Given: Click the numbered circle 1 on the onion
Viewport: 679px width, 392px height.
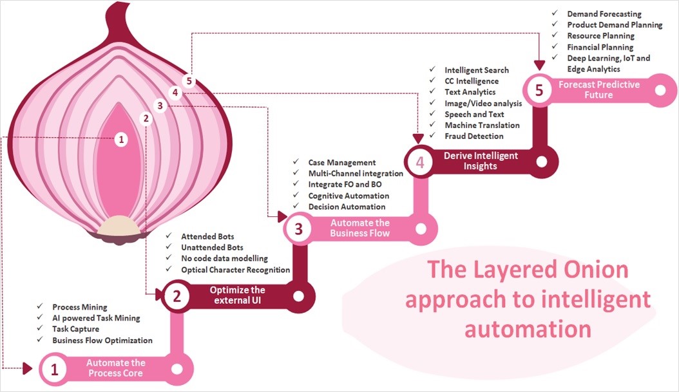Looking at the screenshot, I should (121, 139).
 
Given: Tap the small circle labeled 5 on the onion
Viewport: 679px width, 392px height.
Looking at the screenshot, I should (188, 81).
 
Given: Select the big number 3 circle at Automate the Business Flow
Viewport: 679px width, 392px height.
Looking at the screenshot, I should (298, 229).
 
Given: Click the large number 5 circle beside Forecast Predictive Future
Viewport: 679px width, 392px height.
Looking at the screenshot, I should (539, 89).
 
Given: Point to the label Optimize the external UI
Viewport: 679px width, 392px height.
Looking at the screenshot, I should (238, 295).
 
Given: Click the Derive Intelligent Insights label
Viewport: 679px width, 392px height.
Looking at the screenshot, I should (480, 161).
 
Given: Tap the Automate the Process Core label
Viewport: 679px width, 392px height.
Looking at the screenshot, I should (116, 368).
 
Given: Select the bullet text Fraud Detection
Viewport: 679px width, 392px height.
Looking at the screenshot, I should (473, 136).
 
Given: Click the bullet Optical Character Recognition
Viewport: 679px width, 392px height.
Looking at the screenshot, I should (235, 270).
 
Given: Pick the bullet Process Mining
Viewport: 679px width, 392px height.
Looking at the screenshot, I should (80, 308).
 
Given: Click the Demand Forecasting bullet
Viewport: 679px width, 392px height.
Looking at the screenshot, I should (604, 14).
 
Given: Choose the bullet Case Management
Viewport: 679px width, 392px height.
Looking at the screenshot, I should (341, 163).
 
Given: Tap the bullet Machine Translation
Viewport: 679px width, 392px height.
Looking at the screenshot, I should (482, 126).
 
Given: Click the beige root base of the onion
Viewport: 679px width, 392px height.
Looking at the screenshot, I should (117, 225).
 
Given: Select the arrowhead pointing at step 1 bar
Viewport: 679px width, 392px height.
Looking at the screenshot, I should (27, 368).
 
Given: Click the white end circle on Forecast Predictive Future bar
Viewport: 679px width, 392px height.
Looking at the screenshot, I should (660, 89).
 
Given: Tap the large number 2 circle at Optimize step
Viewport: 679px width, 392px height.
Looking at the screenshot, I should (176, 295).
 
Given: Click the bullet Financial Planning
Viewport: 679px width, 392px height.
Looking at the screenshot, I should (600, 47).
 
